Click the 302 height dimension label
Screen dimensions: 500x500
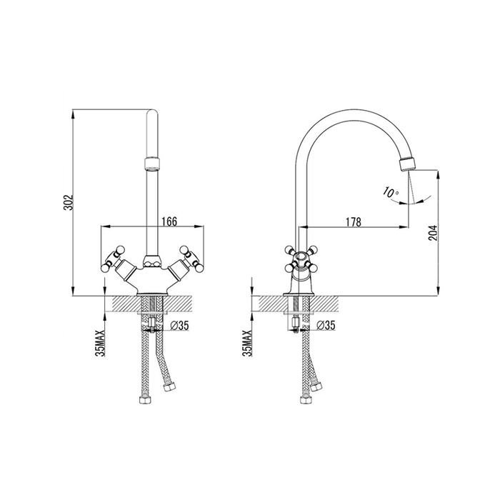point(69,202)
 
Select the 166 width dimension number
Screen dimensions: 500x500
point(169,221)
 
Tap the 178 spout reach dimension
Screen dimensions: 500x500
point(354,222)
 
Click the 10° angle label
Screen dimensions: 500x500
point(391,191)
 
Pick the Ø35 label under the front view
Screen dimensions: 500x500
point(180,325)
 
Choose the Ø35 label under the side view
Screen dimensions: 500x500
point(326,325)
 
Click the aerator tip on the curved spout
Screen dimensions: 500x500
point(408,164)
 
